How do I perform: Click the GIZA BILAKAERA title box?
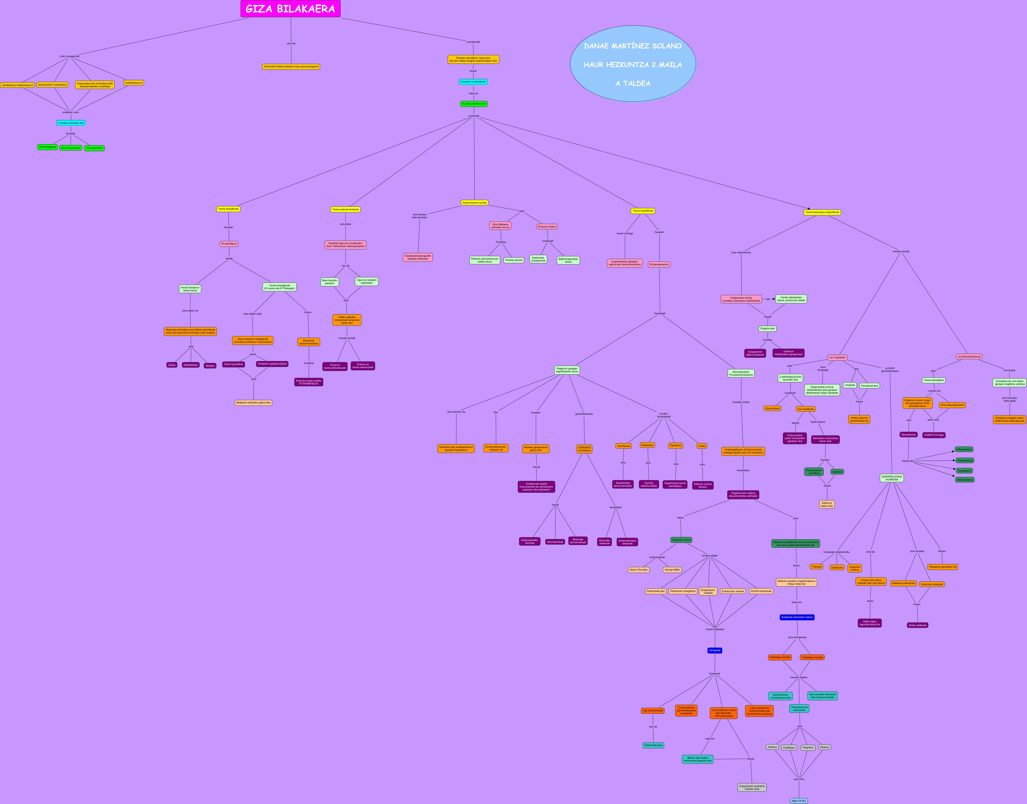(290, 9)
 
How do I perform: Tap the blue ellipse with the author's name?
(633, 64)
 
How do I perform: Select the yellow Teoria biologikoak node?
(228, 209)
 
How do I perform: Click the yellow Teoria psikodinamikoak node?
(345, 210)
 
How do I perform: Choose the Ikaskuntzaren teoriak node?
(474, 203)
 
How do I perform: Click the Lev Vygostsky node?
(837, 357)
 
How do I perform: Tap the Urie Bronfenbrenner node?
(969, 356)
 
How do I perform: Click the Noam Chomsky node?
(639, 570)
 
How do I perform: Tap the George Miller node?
(672, 570)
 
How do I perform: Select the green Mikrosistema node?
(964, 449)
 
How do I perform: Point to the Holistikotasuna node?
(134, 83)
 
